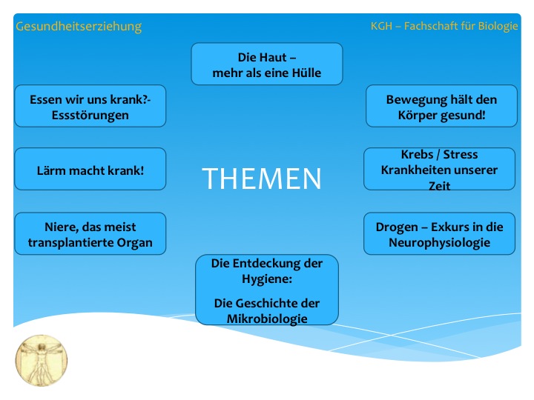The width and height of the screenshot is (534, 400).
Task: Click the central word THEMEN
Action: pyautogui.click(x=262, y=179)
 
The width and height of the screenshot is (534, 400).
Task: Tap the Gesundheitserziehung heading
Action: pyautogui.click(x=79, y=27)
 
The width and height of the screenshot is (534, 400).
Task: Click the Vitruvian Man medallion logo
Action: pyautogui.click(x=42, y=361)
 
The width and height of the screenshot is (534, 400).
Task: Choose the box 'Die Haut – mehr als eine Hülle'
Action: pyautogui.click(x=267, y=64)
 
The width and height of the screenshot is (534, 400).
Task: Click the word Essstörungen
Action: pyautogui.click(x=90, y=116)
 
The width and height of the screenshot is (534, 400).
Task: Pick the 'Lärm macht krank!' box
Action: pyautogui.click(x=90, y=169)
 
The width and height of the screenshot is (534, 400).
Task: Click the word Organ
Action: pyautogui.click(x=134, y=243)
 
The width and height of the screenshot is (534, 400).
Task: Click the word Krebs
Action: pyautogui.click(x=417, y=154)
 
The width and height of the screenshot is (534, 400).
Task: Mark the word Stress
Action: pyautogui.click(x=461, y=154)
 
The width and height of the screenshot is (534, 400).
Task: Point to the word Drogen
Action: pyautogui.click(x=397, y=227)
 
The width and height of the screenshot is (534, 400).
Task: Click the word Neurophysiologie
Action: pyautogui.click(x=440, y=243)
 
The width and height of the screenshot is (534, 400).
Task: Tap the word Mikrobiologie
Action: pyautogui.click(x=267, y=319)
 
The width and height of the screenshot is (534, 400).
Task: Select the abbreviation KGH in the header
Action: pyautogui.click(x=381, y=26)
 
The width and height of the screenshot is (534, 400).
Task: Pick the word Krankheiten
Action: pyautogui.click(x=417, y=170)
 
